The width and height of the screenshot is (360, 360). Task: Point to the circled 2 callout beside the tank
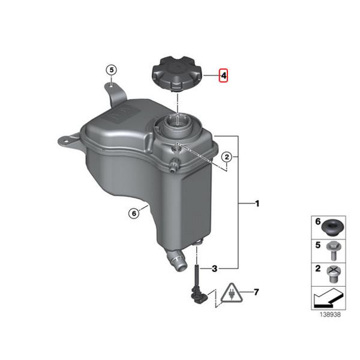(x=227, y=157)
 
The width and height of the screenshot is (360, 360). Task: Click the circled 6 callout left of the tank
(x=133, y=212)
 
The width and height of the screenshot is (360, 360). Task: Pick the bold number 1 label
(x=257, y=205)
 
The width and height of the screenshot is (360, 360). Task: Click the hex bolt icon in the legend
(x=331, y=248)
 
